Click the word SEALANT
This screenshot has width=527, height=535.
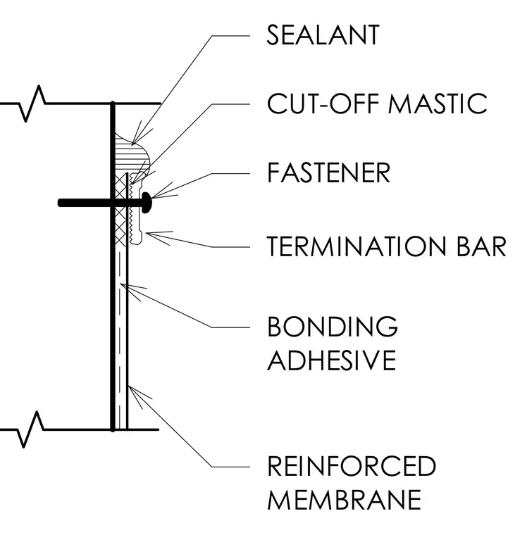tap(323, 34)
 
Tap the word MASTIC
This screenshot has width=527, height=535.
tap(438, 103)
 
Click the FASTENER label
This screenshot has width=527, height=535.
tap(328, 172)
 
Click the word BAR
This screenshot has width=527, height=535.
tap(481, 246)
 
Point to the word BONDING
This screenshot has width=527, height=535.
tap(333, 326)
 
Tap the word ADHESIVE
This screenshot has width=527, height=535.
tap(332, 360)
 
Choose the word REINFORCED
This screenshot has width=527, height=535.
tap(352, 466)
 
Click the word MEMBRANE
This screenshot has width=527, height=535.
tap(345, 499)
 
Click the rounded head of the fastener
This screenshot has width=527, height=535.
tap(147, 203)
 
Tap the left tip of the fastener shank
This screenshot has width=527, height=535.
tap(60, 203)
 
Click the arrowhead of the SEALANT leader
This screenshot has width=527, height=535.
tap(132, 143)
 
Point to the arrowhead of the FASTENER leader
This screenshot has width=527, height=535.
tap(153, 197)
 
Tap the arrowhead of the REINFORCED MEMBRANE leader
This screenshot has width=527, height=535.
tap(129, 386)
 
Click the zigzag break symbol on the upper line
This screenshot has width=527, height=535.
tap(32, 103)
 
